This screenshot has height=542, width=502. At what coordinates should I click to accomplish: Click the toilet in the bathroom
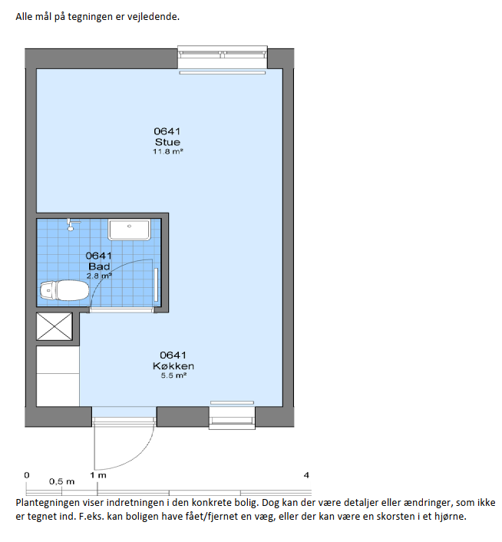(64, 290)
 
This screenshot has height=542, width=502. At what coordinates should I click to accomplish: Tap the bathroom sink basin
(129, 230)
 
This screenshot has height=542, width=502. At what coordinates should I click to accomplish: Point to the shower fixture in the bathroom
(73, 224)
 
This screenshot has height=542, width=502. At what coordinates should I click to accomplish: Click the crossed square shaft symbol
(54, 326)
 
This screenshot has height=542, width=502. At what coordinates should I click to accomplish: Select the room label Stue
(167, 142)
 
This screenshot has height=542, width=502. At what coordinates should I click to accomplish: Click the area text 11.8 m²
(168, 151)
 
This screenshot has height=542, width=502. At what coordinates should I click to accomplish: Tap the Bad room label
(99, 266)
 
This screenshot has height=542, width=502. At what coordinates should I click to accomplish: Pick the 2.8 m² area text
(99, 276)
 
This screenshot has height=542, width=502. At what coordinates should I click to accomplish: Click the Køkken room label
(173, 366)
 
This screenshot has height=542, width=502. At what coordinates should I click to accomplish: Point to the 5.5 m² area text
(173, 375)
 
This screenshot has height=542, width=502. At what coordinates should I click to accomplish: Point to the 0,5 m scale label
(61, 481)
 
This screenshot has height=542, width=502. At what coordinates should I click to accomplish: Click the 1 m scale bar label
(98, 475)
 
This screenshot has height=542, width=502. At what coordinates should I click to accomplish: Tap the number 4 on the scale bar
(306, 475)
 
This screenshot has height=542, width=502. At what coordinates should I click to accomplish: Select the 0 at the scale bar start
(27, 475)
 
